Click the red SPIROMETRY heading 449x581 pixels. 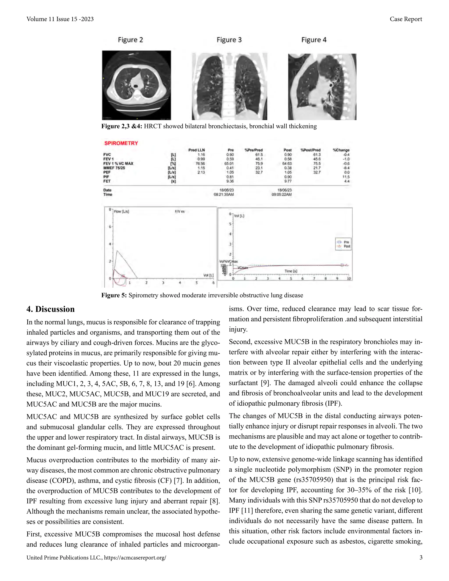pos(121,143)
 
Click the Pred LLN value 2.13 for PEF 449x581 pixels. pos(201,172)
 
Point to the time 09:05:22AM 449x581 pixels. pos(282,194)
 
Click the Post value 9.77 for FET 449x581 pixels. pos(288,181)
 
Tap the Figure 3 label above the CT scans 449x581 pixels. pos(229,40)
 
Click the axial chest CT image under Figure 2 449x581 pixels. pos(136,85)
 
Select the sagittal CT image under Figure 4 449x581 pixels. pos(322,87)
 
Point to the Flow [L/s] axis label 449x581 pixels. pos(121,212)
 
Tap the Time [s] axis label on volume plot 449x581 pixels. pos(291,271)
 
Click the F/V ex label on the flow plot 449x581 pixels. pos(180,212)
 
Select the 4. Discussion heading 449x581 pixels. pos(51,309)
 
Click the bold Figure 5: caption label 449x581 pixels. pos(114,295)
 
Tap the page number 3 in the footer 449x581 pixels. pos(421,558)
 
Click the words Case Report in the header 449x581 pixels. pos(406,19)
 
